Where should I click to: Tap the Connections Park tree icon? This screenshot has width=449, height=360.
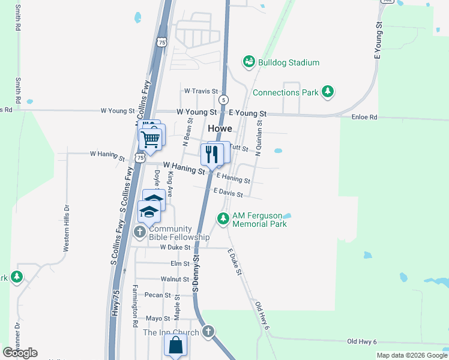tap(328, 92)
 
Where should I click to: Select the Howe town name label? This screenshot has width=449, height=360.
tap(220, 128)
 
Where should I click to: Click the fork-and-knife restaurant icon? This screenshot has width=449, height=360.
tap(211, 154)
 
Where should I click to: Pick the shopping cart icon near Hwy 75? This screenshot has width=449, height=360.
tap(151, 139)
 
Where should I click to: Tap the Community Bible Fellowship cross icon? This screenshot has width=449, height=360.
tap(140, 232)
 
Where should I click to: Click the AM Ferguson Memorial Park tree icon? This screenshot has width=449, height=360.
tap(223, 219)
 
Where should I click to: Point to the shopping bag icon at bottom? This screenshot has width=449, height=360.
tap(175, 346)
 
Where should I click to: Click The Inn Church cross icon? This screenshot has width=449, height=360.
tap(208, 331)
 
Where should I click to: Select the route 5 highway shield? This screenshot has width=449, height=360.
tap(223, 99)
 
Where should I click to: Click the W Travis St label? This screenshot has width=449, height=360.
tap(200, 91)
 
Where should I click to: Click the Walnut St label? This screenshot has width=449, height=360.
tap(175, 279)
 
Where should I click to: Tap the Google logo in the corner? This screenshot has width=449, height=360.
tap(20, 353)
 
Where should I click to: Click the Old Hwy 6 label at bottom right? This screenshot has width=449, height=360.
tap(362, 341)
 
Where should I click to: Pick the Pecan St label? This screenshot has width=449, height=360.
tap(158, 295)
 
